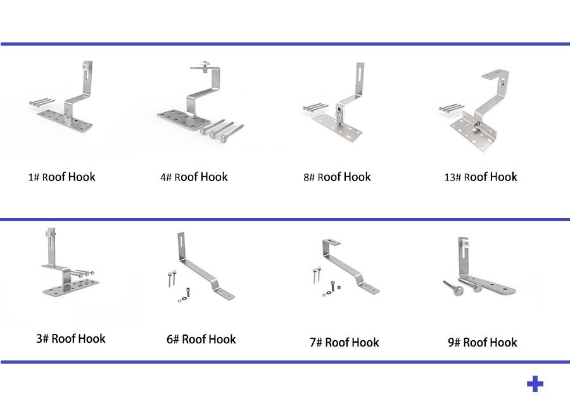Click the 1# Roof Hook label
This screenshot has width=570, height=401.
61,177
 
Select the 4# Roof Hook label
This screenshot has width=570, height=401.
194,177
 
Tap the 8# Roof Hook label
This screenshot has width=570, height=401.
337,177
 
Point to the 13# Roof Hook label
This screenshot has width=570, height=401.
481,177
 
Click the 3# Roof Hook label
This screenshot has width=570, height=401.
71,338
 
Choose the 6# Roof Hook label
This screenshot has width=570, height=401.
201,339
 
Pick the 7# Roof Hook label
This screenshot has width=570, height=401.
345,342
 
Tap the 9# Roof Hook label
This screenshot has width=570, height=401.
483,342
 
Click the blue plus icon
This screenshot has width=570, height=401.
535,384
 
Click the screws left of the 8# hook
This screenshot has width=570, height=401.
316,107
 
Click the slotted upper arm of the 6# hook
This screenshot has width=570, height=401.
181,244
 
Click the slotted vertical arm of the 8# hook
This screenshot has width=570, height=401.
360,76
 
